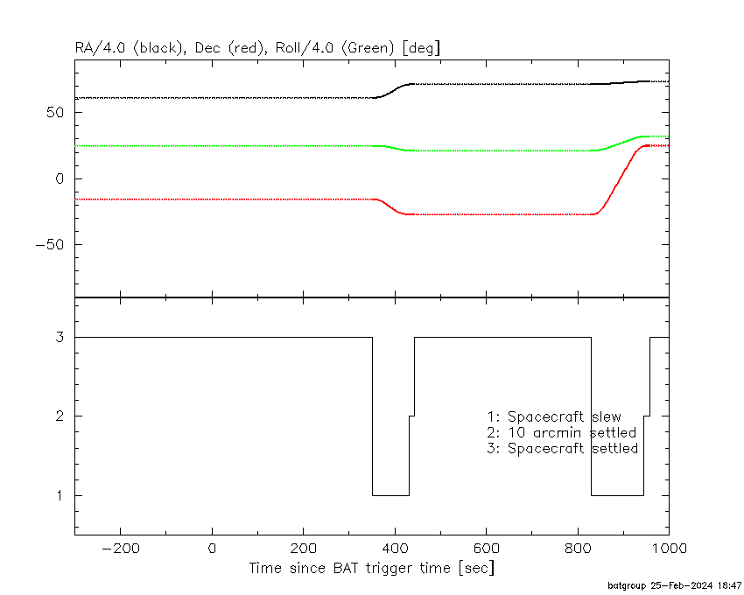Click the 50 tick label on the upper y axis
point(55,113)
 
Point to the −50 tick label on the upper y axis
point(50,245)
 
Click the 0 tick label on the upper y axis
point(60,178)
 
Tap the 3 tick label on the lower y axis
point(60,337)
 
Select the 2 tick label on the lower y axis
point(60,416)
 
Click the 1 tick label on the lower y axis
point(60,496)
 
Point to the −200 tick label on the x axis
point(121,549)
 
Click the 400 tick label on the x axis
point(395,549)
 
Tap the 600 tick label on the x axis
point(487,549)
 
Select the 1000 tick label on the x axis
point(669,549)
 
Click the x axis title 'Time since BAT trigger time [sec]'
point(372,568)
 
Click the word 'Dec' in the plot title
point(207,48)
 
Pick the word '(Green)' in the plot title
point(368,48)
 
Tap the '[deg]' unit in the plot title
point(421,48)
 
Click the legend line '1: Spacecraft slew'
point(554,416)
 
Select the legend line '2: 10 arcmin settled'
point(561,433)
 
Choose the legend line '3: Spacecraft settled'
point(562,448)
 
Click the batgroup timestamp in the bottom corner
point(674,586)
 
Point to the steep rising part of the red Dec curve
point(619,180)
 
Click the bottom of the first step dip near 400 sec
point(390,495)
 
